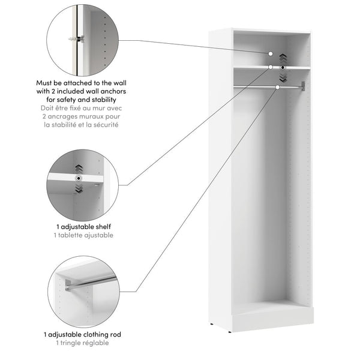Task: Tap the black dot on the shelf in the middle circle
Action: (78, 179)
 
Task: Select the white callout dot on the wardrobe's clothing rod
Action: (277, 88)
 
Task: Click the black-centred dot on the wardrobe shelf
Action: (283, 67)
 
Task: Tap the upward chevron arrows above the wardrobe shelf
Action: (283, 59)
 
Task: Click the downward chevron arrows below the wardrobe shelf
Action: (283, 77)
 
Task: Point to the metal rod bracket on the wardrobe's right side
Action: (304, 86)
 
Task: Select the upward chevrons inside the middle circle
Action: (78, 168)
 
